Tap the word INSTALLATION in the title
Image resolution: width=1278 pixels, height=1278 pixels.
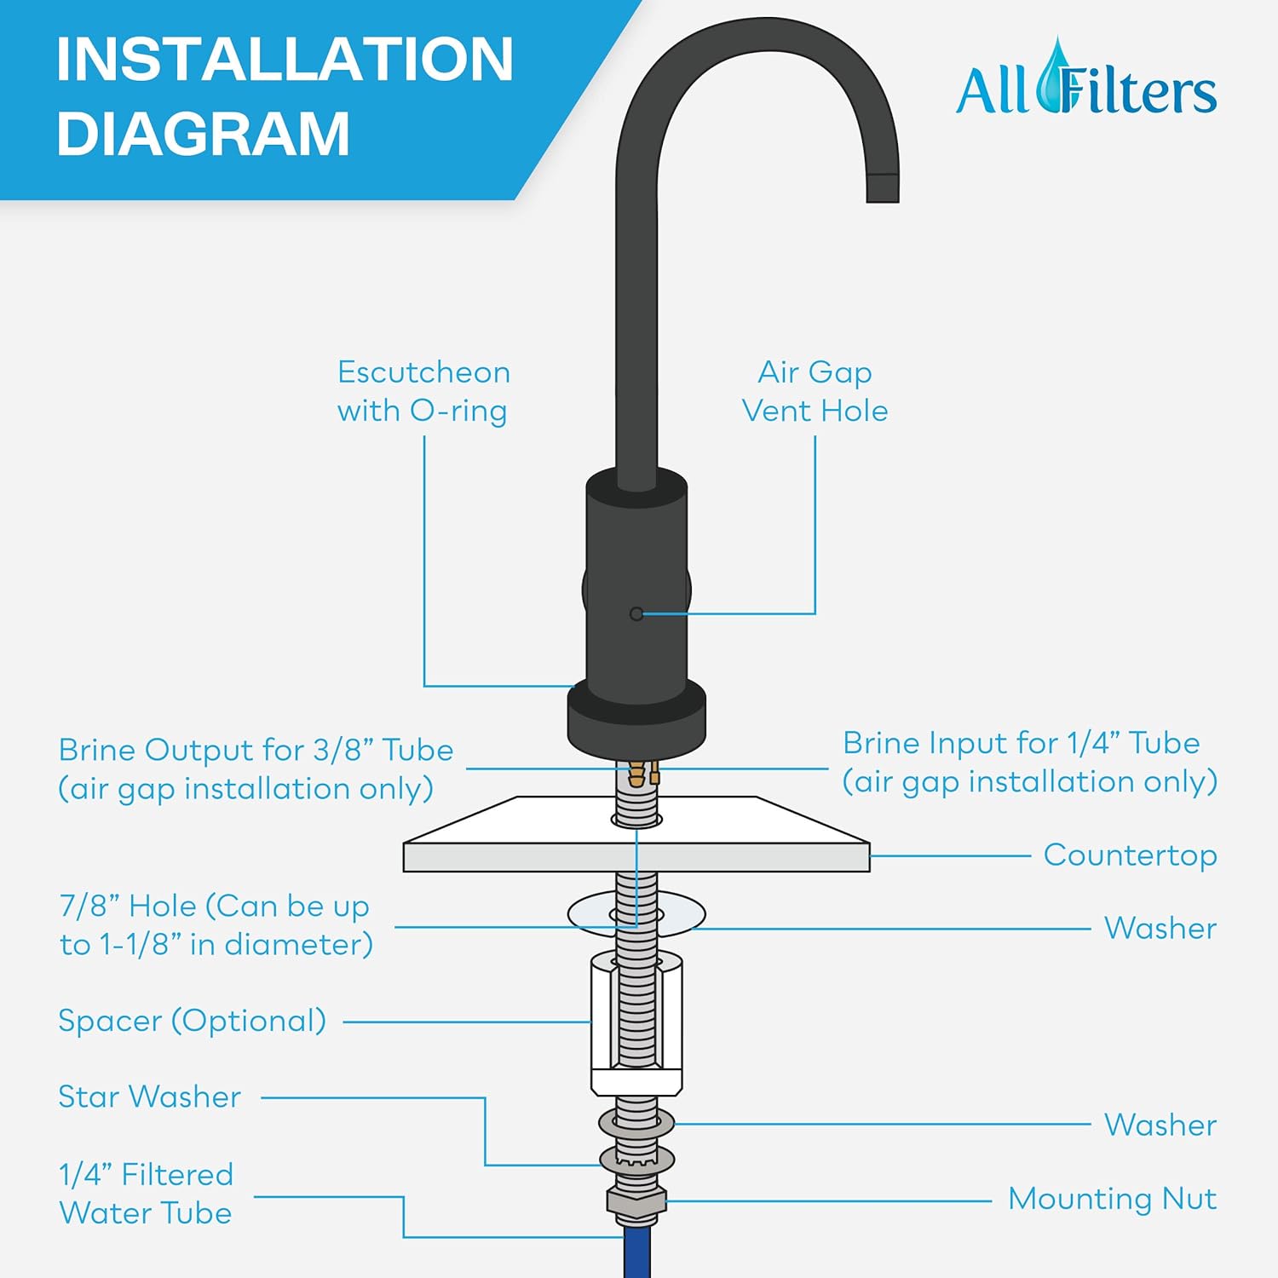[285, 59]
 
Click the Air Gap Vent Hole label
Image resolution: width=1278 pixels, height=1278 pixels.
[815, 391]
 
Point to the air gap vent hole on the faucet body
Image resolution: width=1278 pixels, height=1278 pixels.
[636, 613]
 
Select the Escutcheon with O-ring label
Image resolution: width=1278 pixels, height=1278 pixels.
[423, 391]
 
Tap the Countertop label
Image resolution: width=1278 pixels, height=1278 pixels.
[1130, 855]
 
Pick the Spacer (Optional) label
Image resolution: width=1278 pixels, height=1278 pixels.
[193, 1021]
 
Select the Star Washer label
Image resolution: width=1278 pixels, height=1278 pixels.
[150, 1097]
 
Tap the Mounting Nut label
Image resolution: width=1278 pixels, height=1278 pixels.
[1112, 1199]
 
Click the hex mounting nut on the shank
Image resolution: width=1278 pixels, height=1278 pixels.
[636, 1201]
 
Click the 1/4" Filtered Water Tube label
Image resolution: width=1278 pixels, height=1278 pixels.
[146, 1194]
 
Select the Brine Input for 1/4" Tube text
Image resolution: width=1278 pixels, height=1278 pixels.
[1029, 762]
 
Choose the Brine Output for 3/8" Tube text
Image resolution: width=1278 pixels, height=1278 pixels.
[255, 769]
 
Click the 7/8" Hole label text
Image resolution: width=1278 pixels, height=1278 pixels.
[216, 924]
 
